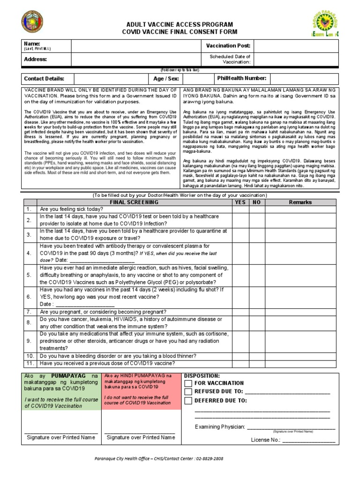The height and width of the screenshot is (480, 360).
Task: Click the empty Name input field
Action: (x=136, y=46)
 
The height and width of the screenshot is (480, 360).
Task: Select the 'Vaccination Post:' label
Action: (x=228, y=46)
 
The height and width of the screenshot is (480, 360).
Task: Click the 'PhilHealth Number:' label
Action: (x=241, y=79)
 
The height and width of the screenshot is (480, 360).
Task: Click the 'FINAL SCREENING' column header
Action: (x=134, y=202)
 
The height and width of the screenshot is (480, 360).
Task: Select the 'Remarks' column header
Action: (x=300, y=202)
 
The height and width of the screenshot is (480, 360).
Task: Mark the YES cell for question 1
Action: (x=240, y=209)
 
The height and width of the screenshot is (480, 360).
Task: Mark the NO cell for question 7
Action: (x=256, y=311)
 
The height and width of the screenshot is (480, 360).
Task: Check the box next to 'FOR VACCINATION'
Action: (x=188, y=383)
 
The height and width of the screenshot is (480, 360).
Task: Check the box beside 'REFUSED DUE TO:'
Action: (x=188, y=392)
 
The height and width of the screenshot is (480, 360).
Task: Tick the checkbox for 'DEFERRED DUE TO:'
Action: (x=188, y=401)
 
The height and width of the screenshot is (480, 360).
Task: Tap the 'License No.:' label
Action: (x=265, y=440)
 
